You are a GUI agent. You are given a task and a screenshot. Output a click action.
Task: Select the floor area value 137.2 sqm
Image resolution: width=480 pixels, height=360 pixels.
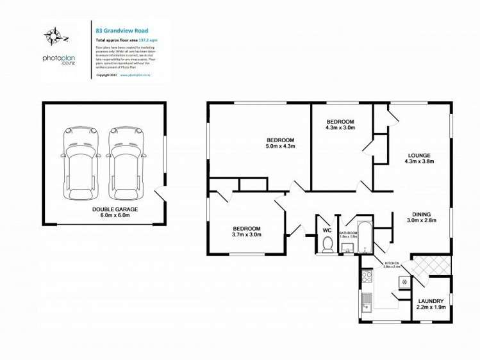pyautogui.click(x=149, y=40)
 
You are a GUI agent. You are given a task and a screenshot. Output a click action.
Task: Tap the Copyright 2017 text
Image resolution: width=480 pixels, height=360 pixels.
pyautogui.click(x=106, y=74)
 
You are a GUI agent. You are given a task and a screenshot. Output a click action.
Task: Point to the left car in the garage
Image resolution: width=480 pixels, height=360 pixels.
pyautogui.click(x=81, y=163)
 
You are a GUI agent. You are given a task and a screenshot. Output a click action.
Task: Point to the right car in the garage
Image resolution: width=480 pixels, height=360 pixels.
pyautogui.click(x=126, y=163)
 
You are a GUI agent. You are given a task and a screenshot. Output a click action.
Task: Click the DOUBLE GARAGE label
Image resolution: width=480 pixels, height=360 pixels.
pyautogui.click(x=115, y=209)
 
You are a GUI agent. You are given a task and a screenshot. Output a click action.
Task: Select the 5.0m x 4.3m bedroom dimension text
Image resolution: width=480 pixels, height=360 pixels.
pyautogui.click(x=280, y=147)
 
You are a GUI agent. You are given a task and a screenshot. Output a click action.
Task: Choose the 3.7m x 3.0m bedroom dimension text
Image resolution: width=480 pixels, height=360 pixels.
pyautogui.click(x=246, y=235)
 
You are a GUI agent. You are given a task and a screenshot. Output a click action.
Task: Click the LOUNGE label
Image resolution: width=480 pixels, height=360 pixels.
pyautogui.click(x=419, y=155)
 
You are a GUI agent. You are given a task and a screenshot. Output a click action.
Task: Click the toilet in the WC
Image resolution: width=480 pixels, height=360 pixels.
pyautogui.click(x=327, y=244)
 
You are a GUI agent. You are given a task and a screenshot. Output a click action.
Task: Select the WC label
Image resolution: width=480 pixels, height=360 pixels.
pyautogui.click(x=327, y=229)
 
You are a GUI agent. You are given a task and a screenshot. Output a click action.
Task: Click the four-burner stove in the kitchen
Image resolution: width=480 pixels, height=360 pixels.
pyautogui.click(x=367, y=277)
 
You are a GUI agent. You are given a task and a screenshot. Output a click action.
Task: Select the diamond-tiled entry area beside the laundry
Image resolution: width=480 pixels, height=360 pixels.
pyautogui.click(x=424, y=265)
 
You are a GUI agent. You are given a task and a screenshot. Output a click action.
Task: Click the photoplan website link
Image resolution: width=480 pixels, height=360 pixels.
pyautogui.click(x=134, y=74)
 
